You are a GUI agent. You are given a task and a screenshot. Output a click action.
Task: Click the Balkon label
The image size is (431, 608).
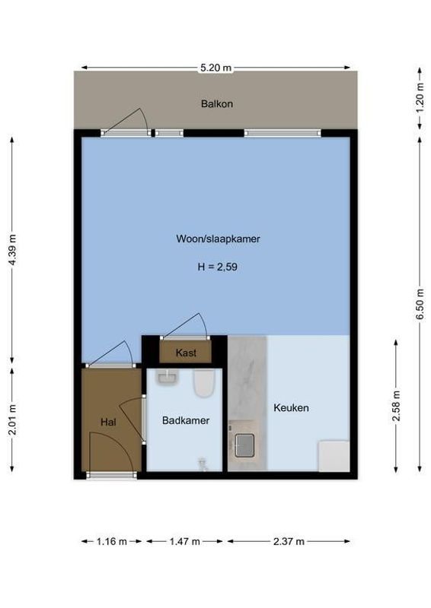pos(217,103)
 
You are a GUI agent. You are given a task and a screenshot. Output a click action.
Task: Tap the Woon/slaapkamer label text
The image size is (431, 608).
pos(218,239)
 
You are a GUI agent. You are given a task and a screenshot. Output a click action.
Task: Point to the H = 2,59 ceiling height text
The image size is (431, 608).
pos(218,267)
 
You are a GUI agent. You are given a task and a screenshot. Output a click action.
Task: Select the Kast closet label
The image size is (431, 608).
pos(186,353)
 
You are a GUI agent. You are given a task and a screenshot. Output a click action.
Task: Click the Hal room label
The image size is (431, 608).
pos(108,422)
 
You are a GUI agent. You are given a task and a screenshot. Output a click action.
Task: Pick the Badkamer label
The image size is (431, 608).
pos(185,420)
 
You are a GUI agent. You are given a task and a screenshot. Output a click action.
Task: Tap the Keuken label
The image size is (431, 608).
pos(292,408)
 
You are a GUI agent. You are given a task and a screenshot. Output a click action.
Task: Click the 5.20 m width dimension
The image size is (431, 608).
pos(215,68)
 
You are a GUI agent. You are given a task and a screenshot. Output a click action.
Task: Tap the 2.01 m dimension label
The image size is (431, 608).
pos(11,423)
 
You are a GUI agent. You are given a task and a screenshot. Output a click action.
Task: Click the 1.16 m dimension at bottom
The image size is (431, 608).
pos(112,542)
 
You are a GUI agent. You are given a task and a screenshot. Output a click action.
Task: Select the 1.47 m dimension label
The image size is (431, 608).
pos(184,542)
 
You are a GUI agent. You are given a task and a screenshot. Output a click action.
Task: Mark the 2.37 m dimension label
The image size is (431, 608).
pos(289,542)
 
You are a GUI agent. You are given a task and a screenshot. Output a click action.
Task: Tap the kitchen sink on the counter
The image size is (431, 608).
pos(244,445)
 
